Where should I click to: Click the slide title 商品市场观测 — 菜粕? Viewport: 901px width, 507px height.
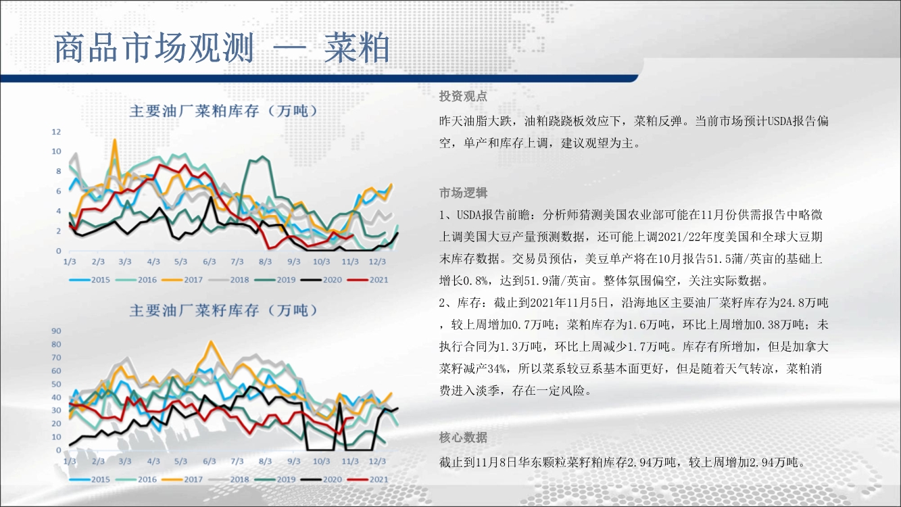click(222, 48)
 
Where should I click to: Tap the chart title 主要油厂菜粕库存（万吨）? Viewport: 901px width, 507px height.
click(223, 111)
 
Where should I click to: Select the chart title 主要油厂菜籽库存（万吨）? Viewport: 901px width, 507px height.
click(223, 310)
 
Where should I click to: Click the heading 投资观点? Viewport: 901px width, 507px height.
click(463, 96)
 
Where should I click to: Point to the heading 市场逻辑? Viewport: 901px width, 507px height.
click(463, 193)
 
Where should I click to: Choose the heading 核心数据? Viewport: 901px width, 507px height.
click(463, 437)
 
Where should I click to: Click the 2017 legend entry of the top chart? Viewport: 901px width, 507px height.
click(182, 280)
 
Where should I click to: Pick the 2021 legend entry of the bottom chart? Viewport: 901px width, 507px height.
click(368, 479)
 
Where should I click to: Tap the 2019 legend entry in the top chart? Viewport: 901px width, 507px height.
click(275, 280)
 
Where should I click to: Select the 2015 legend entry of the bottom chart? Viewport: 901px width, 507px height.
click(89, 479)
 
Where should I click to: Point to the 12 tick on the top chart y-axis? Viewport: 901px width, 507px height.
click(56, 132)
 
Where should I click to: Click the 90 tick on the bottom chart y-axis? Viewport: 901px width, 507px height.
click(56, 331)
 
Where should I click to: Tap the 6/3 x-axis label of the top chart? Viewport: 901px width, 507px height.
click(209, 262)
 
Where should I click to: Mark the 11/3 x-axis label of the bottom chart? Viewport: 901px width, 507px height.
click(350, 461)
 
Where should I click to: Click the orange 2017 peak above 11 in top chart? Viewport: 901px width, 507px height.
click(115, 140)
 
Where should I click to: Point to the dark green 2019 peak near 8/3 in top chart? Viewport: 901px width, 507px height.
click(263, 157)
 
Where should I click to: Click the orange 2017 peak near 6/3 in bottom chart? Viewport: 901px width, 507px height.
click(211, 342)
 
